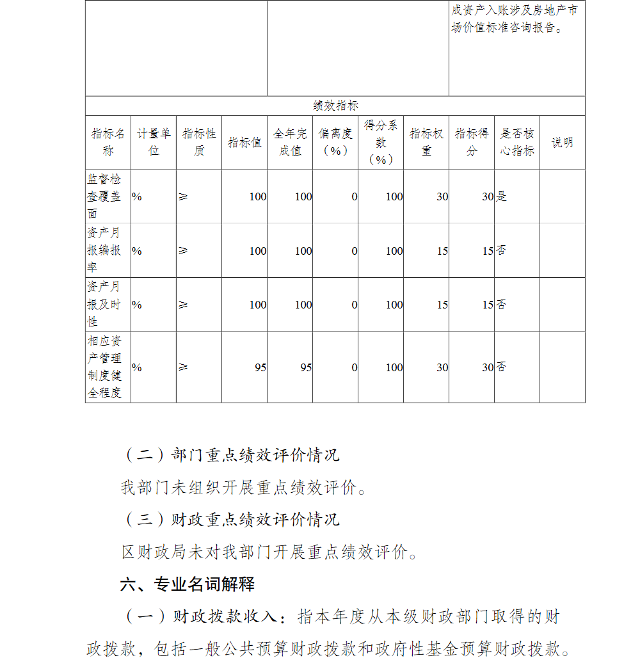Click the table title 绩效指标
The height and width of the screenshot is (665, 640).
click(x=335, y=106)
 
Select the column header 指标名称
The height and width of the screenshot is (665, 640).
click(x=108, y=142)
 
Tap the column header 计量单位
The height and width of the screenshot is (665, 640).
click(x=154, y=142)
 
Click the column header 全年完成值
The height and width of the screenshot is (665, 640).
click(x=290, y=142)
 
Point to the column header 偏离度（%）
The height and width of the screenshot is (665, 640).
click(x=335, y=142)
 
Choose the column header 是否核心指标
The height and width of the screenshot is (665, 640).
click(x=516, y=142)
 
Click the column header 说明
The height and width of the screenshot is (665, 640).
click(x=562, y=143)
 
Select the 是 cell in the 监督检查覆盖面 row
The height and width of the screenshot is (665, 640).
click(x=502, y=196)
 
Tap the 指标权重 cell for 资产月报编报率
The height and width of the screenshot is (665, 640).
click(x=442, y=251)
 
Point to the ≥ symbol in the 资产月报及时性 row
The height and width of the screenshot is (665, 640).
click(x=183, y=305)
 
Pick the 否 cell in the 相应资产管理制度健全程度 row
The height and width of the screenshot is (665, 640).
click(x=502, y=367)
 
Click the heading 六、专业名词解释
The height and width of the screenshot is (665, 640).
click(x=188, y=584)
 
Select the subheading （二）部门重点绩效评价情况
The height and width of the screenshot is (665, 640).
click(x=230, y=455)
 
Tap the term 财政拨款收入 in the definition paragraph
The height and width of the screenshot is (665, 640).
click(x=225, y=617)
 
